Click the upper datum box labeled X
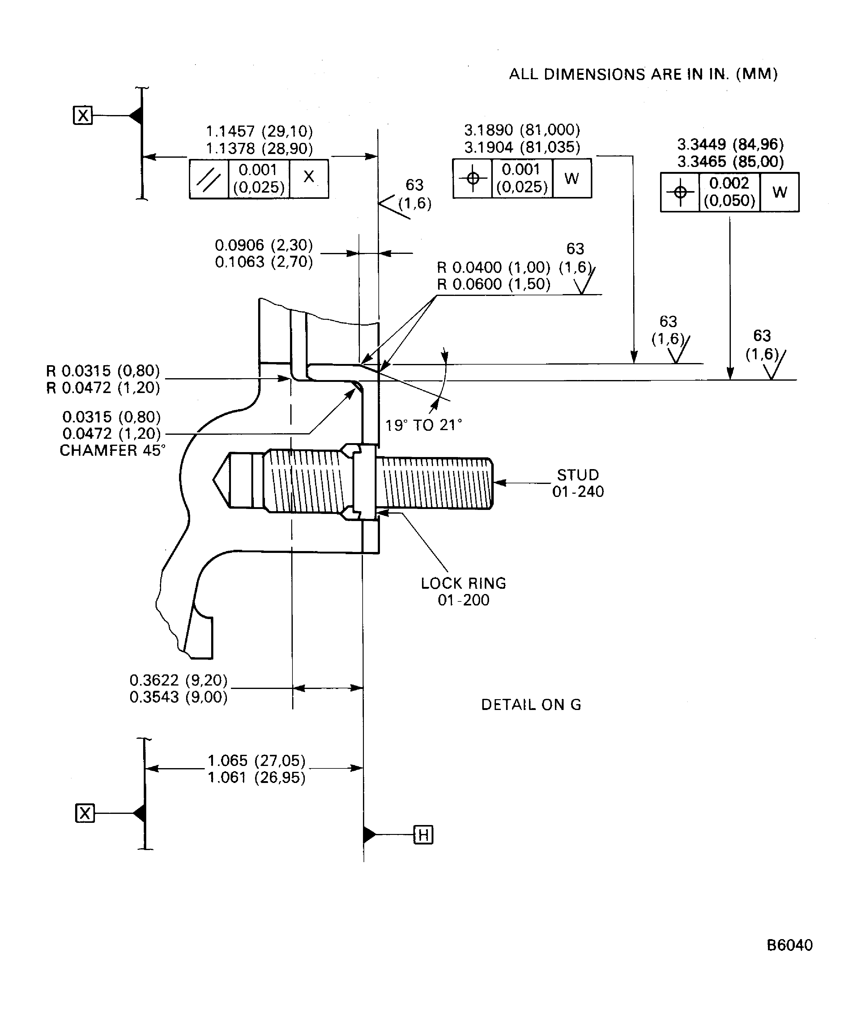[83, 116]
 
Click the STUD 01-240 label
[578, 483]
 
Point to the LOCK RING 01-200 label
[463, 591]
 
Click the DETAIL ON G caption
[531, 705]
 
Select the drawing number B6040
[789, 945]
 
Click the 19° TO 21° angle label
[423, 425]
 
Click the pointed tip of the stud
[214, 479]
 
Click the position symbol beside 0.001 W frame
[473, 178]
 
